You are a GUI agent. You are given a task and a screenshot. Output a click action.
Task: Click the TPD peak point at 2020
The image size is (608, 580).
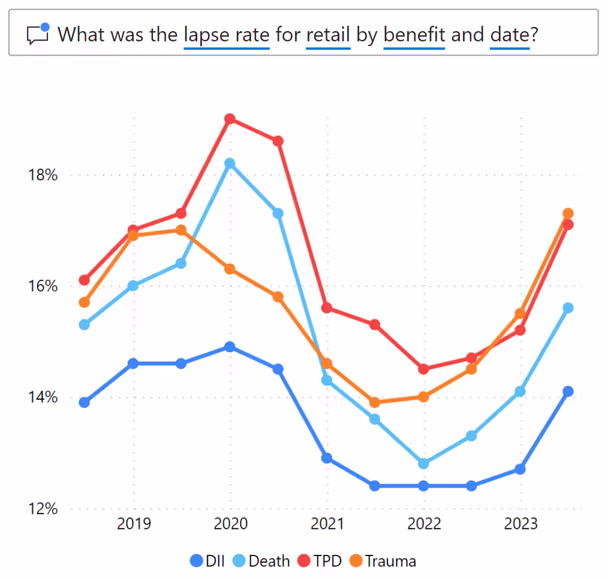(x=230, y=119)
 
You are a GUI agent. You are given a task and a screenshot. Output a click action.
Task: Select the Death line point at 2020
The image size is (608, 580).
(x=230, y=163)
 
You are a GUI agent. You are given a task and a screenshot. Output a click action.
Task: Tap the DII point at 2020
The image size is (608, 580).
(x=230, y=346)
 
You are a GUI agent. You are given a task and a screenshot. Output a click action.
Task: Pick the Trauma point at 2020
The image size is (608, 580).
(x=230, y=269)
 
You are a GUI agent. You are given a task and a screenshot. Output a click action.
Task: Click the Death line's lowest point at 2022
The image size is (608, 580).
(x=423, y=463)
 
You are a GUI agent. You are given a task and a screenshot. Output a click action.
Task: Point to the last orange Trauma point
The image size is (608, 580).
(x=568, y=213)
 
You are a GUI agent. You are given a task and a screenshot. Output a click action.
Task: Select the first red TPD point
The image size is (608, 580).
(x=85, y=280)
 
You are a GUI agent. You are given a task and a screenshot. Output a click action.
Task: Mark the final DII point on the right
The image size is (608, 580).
(x=568, y=391)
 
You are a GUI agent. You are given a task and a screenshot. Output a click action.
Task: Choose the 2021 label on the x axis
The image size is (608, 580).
(x=327, y=524)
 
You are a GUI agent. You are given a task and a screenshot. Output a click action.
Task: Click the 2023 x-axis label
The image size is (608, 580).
(x=520, y=524)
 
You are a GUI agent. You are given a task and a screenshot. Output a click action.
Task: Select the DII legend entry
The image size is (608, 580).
(x=207, y=561)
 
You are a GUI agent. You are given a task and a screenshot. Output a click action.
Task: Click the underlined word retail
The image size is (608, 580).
(x=328, y=34)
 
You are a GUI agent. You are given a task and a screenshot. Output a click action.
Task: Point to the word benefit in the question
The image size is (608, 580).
(x=414, y=34)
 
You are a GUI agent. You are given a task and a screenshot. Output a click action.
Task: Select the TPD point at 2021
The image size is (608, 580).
(x=327, y=307)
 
